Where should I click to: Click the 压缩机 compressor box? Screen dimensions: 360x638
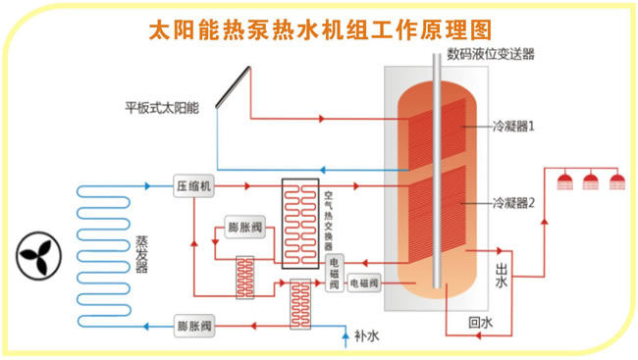[x=194, y=185]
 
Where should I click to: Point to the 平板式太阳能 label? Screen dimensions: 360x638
[x=161, y=108]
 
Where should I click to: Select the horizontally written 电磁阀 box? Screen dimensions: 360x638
[x=365, y=283]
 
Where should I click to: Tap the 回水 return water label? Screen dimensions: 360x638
[x=479, y=321]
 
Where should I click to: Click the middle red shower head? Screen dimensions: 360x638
[x=591, y=180]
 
